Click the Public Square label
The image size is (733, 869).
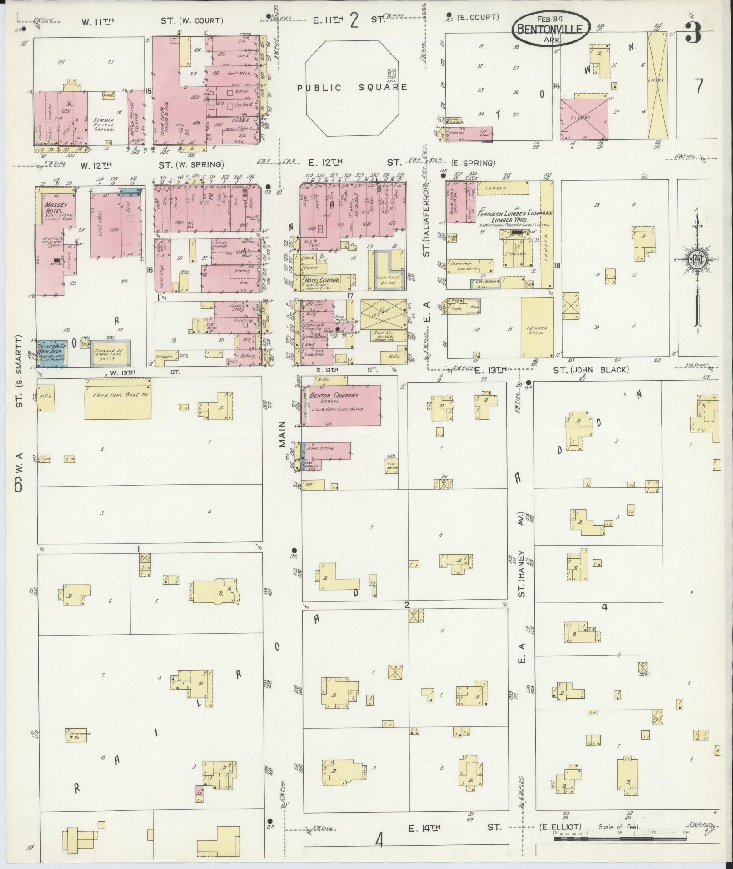coord(352,87)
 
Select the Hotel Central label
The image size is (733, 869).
coord(323,280)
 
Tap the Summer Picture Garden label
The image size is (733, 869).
coord(105,124)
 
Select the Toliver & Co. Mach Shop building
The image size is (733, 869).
coord(51,353)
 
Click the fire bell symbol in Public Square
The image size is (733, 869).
coord(392,73)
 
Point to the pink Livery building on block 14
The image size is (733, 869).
coord(584,119)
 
